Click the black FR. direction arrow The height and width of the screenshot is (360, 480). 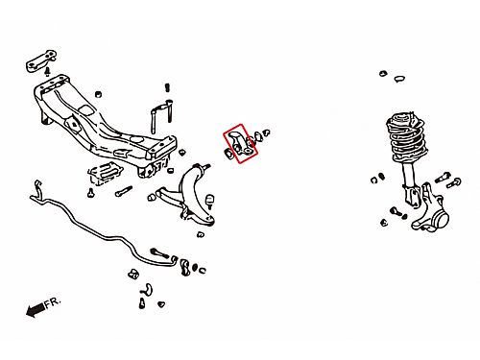[x=35, y=309]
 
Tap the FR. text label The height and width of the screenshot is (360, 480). [x=53, y=302]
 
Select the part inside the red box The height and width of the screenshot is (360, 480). [x=242, y=143]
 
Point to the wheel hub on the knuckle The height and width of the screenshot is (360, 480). [x=440, y=219]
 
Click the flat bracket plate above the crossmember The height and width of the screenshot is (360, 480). [x=41, y=60]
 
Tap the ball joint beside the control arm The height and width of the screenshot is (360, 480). [x=210, y=201]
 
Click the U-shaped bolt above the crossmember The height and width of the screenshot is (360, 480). [x=161, y=116]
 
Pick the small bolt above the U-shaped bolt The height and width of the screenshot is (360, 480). [x=167, y=87]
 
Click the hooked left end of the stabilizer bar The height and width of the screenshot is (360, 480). [x=36, y=190]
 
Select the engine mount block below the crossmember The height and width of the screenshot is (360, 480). [x=105, y=174]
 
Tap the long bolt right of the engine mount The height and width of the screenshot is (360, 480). [x=124, y=191]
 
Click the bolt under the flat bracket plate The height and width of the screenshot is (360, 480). [x=48, y=72]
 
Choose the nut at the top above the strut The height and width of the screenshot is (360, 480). [x=383, y=74]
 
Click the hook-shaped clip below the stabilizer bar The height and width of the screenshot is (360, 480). [x=147, y=289]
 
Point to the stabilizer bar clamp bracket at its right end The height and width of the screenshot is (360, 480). [x=185, y=267]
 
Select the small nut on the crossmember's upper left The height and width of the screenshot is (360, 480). [x=99, y=94]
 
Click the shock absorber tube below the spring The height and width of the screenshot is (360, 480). [x=409, y=175]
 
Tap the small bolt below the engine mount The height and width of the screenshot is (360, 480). [x=91, y=193]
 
